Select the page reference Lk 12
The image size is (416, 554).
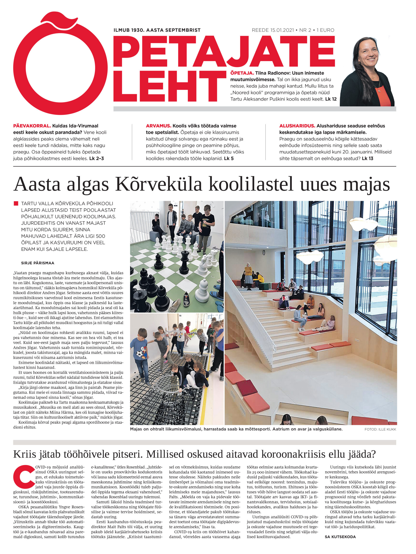coord(331,99)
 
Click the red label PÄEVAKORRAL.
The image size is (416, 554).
coord(32,126)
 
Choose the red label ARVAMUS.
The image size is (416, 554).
coord(158,126)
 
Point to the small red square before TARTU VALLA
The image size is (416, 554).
coord(16,203)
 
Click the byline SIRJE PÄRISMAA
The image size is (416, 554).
coord(38,263)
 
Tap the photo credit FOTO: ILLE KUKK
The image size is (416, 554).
coord(380,429)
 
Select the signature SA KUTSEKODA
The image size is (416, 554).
coord(340,537)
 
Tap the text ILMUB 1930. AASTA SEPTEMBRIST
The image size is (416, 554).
coord(157,30)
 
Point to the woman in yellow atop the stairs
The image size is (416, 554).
coord(248,272)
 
